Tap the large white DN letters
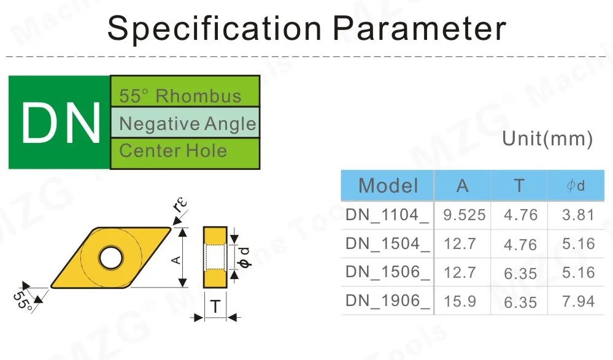(x=60, y=123)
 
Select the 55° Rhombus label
(x=180, y=96)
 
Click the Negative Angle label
(x=187, y=124)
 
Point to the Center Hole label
(x=172, y=150)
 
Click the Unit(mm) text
(x=547, y=139)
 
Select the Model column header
(x=388, y=185)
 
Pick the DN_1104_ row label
(x=387, y=215)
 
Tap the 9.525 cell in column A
(x=464, y=215)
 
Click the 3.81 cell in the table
(x=577, y=215)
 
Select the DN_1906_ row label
(x=387, y=301)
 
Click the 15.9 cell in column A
(x=460, y=301)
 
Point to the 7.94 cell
(x=577, y=301)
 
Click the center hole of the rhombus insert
(x=110, y=258)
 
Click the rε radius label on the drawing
(x=179, y=208)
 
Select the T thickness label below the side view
(x=215, y=307)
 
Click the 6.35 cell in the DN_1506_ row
(x=520, y=273)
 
